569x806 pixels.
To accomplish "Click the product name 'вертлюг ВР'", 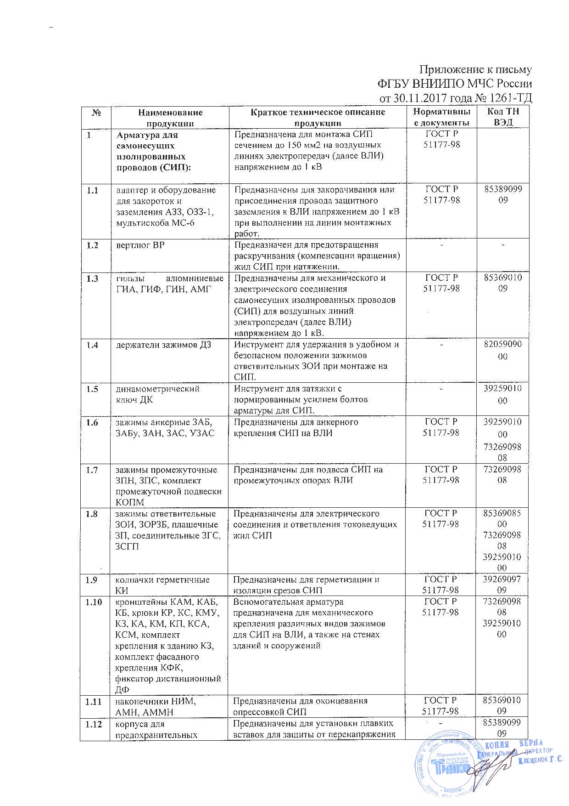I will click(140, 245).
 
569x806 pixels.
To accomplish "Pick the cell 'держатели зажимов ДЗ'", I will click(163, 345).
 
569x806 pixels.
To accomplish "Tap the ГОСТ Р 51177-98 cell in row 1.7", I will click(441, 475).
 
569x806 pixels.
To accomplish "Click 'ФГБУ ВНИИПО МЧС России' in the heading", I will click(454, 84).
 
